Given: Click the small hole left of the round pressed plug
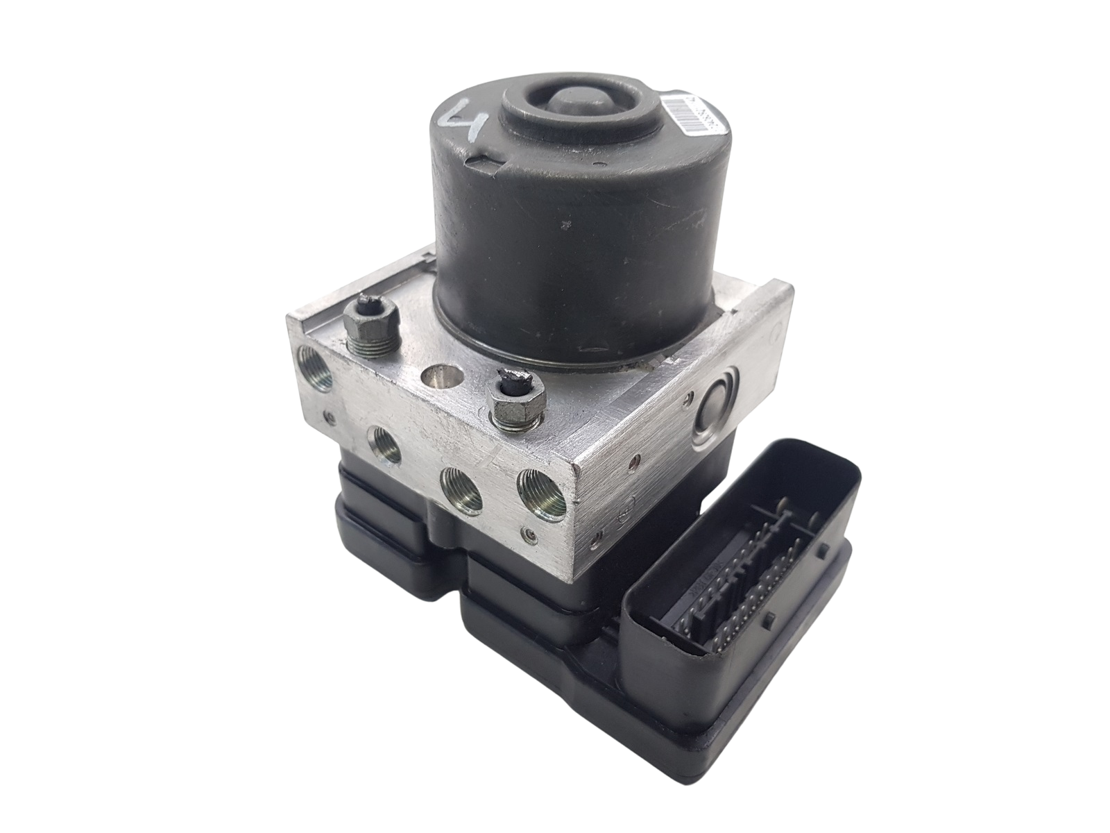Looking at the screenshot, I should pyautogui.click(x=688, y=398).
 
